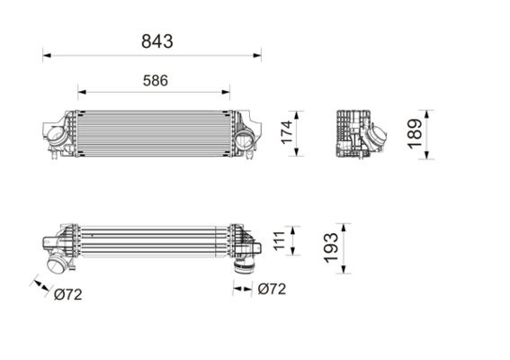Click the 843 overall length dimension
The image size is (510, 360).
(157, 41)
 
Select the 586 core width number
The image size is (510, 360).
(156, 80)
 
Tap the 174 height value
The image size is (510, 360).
(287, 132)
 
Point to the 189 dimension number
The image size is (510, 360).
(415, 134)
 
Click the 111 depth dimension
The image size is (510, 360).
(279, 241)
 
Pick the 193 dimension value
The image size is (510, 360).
(331, 247)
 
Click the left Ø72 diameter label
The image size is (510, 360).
(68, 294)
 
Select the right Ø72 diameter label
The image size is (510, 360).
(272, 289)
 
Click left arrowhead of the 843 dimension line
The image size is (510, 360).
(47, 55)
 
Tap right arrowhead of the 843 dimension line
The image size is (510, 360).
(257, 55)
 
